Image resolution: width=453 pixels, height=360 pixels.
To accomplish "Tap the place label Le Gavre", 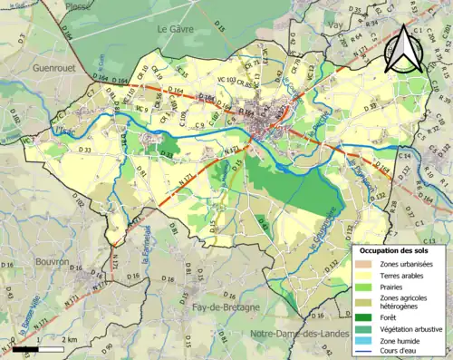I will tap(177, 29).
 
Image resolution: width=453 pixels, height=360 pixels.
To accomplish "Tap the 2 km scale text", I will tap(71, 339).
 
